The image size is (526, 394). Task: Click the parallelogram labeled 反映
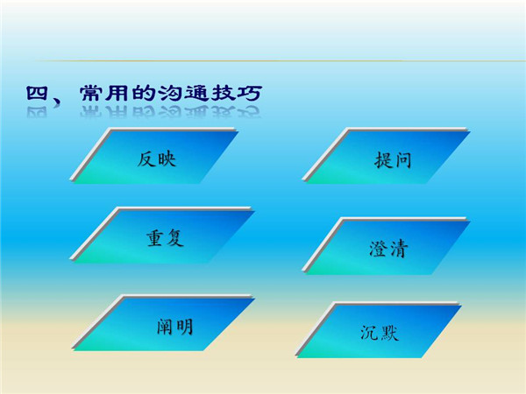pyautogui.click(x=154, y=156)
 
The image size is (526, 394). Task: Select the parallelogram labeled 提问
pyautogui.click(x=386, y=156)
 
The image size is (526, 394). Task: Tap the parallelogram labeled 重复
pyautogui.click(x=162, y=236)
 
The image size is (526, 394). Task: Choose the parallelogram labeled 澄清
pyautogui.click(x=386, y=246)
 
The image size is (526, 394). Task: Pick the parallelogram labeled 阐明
pyautogui.click(x=163, y=323)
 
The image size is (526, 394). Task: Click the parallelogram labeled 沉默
pyautogui.click(x=379, y=330)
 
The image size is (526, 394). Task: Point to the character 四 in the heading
pyautogui.click(x=37, y=93)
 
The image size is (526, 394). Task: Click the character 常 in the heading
pyautogui.click(x=91, y=93)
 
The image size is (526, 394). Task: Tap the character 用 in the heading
pyautogui.click(x=117, y=93)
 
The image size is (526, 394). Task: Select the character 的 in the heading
pyautogui.click(x=144, y=93)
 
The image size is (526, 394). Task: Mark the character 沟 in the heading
pyautogui.click(x=170, y=93)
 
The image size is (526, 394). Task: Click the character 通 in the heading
pyautogui.click(x=196, y=93)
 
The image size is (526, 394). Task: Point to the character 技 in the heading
pyautogui.click(x=223, y=93)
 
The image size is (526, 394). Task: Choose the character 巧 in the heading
pyautogui.click(x=249, y=93)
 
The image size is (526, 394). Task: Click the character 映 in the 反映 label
pyautogui.click(x=167, y=158)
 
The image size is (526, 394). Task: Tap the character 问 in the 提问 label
pyautogui.click(x=402, y=160)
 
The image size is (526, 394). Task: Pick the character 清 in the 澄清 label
pyautogui.click(x=399, y=250)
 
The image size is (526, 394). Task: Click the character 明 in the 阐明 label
pyautogui.click(x=184, y=327)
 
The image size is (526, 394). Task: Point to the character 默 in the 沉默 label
pyautogui.click(x=389, y=333)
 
